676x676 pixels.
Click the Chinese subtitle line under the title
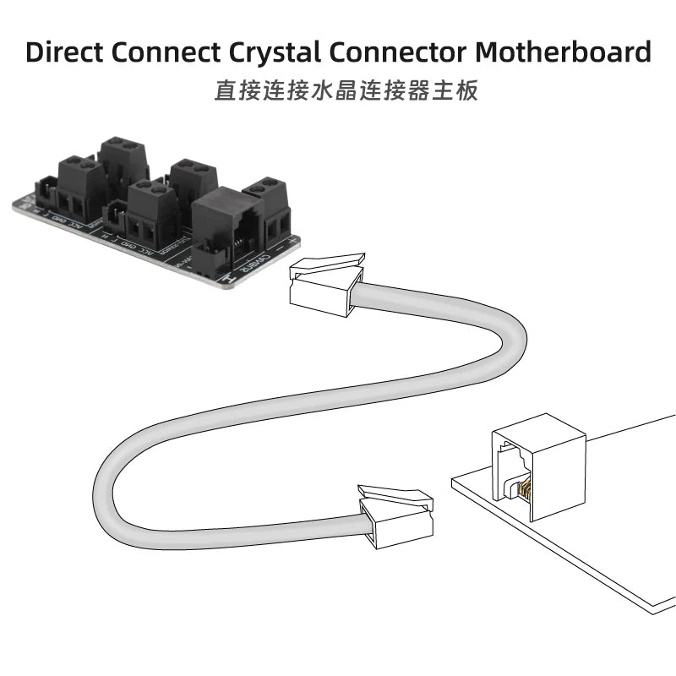click(x=346, y=90)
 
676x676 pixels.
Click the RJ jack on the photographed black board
click(x=219, y=224)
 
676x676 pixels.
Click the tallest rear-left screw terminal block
click(x=123, y=166)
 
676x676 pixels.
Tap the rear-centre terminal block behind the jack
click(x=194, y=179)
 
